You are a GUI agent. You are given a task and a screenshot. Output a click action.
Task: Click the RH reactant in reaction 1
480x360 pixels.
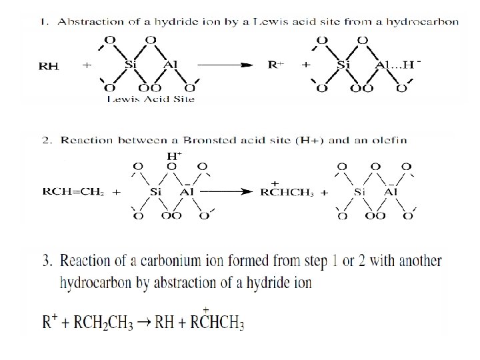[49, 66]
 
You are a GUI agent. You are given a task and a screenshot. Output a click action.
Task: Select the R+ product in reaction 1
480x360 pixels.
[276, 65]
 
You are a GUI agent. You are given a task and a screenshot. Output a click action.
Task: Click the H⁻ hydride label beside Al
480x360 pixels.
[416, 65]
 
